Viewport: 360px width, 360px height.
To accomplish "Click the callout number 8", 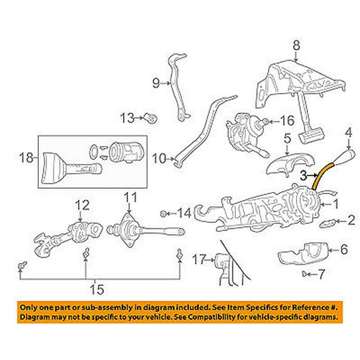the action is [296, 45].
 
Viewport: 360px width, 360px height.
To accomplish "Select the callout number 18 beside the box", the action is [26, 158].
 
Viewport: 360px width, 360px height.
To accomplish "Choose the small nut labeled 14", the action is [163, 214].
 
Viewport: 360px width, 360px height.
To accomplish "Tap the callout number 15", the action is [97, 289].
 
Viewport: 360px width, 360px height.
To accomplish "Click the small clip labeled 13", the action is [152, 118].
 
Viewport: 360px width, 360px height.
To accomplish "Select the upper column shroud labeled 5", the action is [290, 164].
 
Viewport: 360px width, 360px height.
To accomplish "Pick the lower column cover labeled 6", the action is [304, 254].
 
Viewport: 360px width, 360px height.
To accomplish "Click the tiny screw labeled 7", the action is [305, 274].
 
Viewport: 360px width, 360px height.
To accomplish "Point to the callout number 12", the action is [82, 205].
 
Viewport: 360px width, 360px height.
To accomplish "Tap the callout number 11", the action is [131, 198].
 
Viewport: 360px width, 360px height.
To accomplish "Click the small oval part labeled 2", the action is [328, 223].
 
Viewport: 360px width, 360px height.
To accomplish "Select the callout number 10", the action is [159, 158].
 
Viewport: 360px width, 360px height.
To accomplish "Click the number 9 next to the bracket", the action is [156, 83].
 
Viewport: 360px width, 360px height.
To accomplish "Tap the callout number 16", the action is [287, 121].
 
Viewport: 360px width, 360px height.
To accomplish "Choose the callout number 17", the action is [199, 259].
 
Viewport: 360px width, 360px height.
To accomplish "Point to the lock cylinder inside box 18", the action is [126, 151].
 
